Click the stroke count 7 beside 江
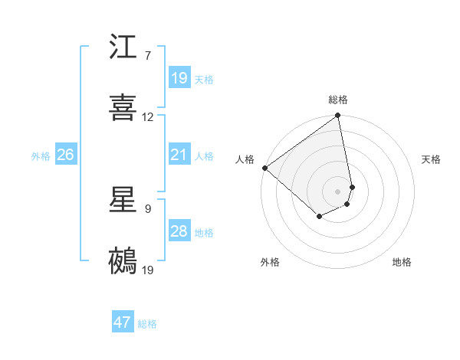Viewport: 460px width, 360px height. pyautogui.click(x=147, y=56)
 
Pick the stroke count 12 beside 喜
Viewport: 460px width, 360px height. pyautogui.click(x=148, y=117)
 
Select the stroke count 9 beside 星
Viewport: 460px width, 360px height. pyautogui.click(x=147, y=209)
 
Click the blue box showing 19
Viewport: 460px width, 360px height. pyautogui.click(x=179, y=78)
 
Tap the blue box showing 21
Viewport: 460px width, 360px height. pyautogui.click(x=179, y=155)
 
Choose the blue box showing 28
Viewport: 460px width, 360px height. pyautogui.click(x=179, y=231)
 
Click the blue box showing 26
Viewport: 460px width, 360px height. pyautogui.click(x=65, y=155)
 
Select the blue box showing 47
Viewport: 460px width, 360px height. pyautogui.click(x=123, y=322)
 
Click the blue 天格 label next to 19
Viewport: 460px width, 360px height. pyautogui.click(x=204, y=80)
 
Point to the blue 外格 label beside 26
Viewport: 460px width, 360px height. pyautogui.click(x=41, y=156)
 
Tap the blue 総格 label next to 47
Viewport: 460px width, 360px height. pyautogui.click(x=147, y=324)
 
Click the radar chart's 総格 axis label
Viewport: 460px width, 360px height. pyautogui.click(x=338, y=100)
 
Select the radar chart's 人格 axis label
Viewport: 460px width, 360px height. pyautogui.click(x=245, y=159)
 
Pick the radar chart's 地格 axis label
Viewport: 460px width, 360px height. pyautogui.click(x=402, y=263)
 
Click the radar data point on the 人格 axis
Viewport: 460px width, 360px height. pyautogui.click(x=264, y=168)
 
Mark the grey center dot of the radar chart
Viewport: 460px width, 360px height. pyautogui.click(x=338, y=191)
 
